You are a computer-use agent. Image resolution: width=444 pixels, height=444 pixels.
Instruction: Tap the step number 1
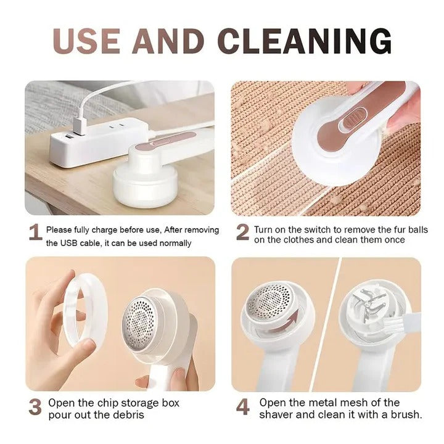(x=36, y=233)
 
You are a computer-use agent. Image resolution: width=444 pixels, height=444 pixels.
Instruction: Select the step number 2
(x=243, y=232)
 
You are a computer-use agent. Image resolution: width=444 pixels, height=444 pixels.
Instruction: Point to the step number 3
(x=36, y=407)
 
